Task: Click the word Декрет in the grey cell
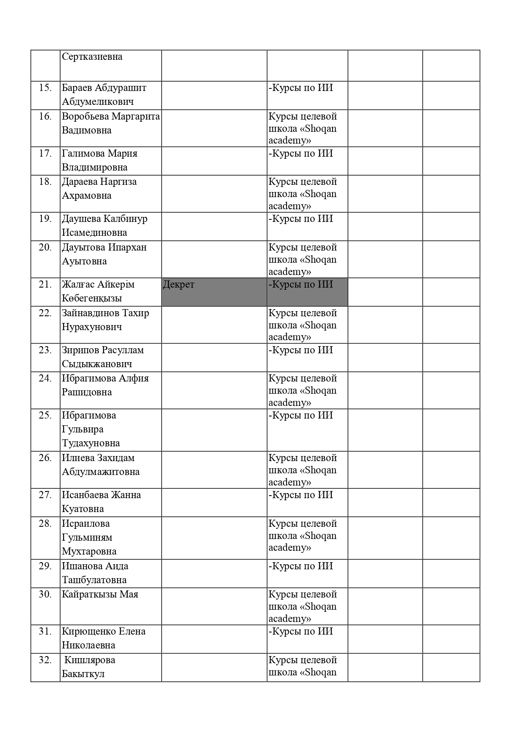click(x=178, y=285)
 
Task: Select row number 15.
click(x=45, y=88)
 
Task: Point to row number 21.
click(x=45, y=285)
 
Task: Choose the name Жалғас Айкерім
click(x=98, y=285)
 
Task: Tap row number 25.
click(x=45, y=416)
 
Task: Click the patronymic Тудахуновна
click(x=91, y=443)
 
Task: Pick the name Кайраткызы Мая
click(x=100, y=595)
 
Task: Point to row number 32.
click(x=45, y=660)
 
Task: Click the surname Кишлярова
click(x=90, y=660)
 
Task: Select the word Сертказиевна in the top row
click(x=92, y=57)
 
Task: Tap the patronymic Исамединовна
click(x=94, y=233)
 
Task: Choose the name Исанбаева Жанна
click(x=101, y=495)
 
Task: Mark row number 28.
click(x=45, y=524)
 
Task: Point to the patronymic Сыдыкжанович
click(x=97, y=364)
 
